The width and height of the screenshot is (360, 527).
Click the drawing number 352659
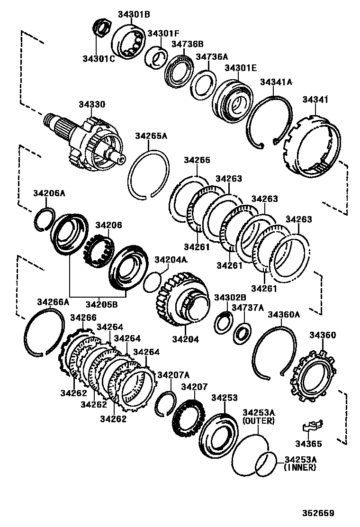click(x=319, y=513)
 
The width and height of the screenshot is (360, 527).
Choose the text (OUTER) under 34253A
click(x=258, y=420)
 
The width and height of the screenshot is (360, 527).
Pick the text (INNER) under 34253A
click(x=299, y=467)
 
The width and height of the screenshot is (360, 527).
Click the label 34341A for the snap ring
click(x=276, y=82)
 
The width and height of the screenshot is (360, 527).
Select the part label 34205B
click(x=101, y=304)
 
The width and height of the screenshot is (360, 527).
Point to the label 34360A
click(x=284, y=314)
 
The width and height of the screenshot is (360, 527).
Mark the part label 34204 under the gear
click(x=185, y=339)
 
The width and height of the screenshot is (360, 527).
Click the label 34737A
click(x=247, y=308)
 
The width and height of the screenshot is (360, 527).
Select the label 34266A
click(x=53, y=302)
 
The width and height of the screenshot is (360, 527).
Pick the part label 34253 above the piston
click(x=225, y=398)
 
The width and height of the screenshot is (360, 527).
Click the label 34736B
click(x=187, y=44)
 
